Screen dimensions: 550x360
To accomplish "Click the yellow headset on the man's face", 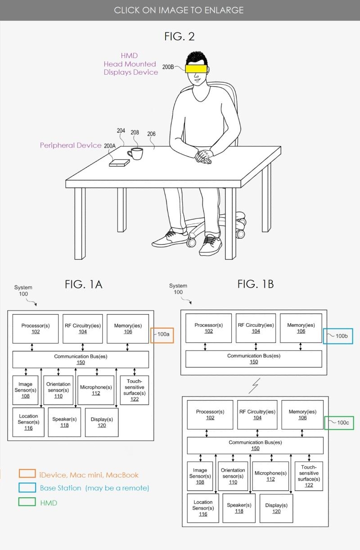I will [x=196, y=68].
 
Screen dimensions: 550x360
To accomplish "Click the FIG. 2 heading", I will [x=180, y=36].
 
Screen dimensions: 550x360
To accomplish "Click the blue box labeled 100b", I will [x=338, y=336].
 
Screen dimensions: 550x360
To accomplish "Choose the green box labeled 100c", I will [x=339, y=423].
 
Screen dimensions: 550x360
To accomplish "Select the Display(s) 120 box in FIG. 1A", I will [x=102, y=422].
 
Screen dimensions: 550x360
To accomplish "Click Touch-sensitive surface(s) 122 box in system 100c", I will [x=309, y=476].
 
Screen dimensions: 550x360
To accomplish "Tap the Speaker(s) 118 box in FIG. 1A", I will [x=65, y=422].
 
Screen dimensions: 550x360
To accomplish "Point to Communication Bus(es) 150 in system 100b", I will [x=254, y=359].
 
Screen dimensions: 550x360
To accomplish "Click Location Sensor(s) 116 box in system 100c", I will [x=203, y=508].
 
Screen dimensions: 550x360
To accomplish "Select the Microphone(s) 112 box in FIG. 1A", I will [x=96, y=390].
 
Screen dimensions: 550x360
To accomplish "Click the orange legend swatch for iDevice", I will [x=27, y=474].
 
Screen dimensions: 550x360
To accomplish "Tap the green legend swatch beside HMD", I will [x=27, y=502].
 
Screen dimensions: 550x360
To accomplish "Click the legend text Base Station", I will [x=61, y=488].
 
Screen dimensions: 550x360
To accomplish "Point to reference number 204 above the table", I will [x=121, y=131].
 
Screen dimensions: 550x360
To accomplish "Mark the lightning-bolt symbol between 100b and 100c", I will [x=256, y=385].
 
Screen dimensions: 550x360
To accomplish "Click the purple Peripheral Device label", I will [x=71, y=145].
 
